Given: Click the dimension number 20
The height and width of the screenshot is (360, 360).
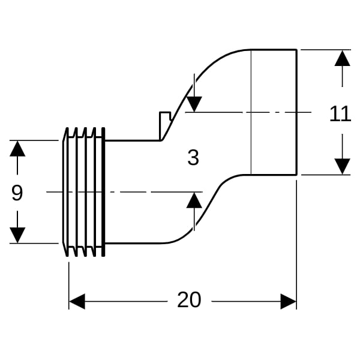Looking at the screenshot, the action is coord(189,300).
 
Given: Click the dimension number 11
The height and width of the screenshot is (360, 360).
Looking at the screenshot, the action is coord(340,113).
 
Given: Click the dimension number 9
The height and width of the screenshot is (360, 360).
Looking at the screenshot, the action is coord(17,193).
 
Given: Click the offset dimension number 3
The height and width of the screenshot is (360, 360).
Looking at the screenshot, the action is coord(193,157).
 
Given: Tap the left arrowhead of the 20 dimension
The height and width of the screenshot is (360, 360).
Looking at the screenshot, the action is coord(77,301).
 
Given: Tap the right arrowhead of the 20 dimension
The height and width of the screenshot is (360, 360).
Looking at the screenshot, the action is coord(289,301).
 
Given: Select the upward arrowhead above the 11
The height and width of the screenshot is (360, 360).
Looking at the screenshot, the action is coord(343,58).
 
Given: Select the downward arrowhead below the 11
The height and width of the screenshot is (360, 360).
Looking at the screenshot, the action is coord(343,166).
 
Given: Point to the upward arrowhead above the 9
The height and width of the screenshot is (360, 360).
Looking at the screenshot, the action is coord(17,148).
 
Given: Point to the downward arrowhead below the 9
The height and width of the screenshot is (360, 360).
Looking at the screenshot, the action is coord(17,235).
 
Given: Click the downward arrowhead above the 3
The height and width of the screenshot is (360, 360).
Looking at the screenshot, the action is coord(194,104).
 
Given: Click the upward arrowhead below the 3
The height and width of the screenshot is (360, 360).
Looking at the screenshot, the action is coord(194,200).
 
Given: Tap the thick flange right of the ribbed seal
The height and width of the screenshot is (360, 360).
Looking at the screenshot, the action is coord(103,192).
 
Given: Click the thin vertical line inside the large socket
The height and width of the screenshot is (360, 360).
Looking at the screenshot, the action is coord(251,112).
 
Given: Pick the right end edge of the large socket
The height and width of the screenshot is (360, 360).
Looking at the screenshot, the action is coord(296,112).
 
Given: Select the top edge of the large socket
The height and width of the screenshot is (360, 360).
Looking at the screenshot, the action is coord(274,49).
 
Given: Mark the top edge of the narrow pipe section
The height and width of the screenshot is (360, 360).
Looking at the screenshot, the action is coord(133,140).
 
